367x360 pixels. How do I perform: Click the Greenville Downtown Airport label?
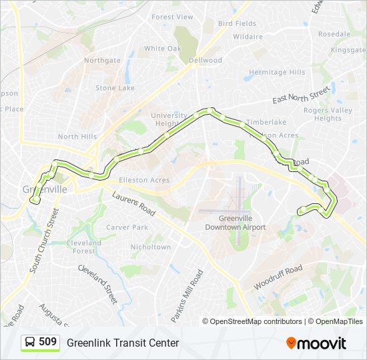235,223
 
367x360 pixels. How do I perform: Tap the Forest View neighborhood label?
172,17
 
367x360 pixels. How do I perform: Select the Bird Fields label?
237,23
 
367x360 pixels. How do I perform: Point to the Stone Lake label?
115,88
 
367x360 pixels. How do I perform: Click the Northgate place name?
102,60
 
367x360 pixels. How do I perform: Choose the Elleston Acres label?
144,180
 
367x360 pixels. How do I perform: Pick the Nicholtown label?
151,247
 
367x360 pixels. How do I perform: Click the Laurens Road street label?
133,205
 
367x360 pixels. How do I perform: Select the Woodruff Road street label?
278,277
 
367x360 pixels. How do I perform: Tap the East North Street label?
302,95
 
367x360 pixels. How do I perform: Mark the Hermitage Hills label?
277,72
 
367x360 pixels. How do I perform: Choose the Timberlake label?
266,122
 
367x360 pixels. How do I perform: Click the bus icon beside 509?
30,343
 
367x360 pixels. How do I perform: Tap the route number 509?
47,342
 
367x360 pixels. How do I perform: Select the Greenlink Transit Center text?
123,343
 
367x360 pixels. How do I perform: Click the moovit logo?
316,343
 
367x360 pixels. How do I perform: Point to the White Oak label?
163,49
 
